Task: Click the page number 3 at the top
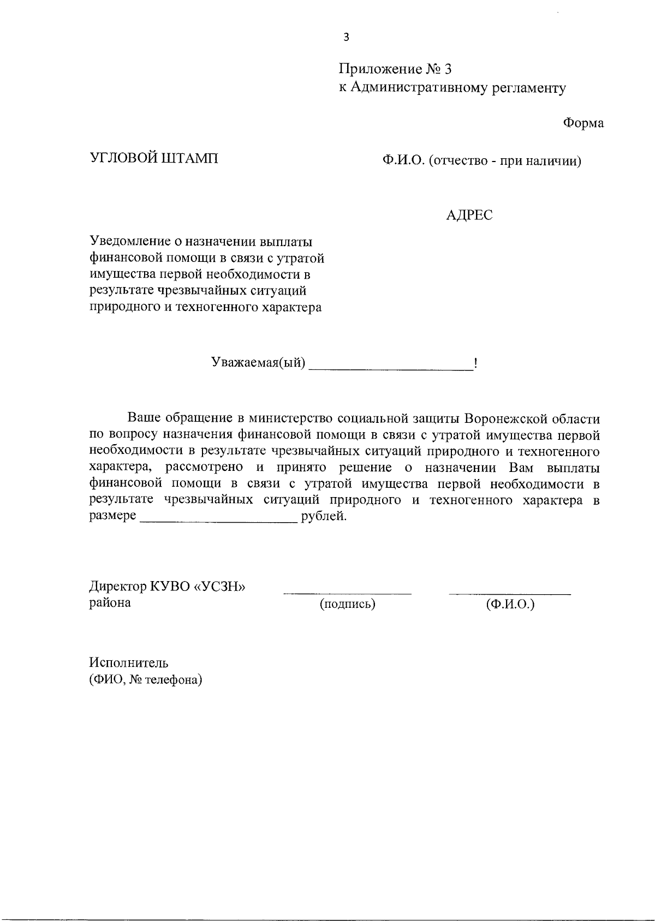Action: point(346,37)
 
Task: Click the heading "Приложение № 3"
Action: point(395,69)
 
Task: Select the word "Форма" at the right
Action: point(583,123)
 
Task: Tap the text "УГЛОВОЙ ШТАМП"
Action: point(153,159)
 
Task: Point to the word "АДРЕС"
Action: point(469,216)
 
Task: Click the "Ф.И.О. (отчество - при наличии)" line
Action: point(481,161)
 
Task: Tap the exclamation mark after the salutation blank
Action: point(477,363)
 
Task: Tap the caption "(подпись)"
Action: point(348,604)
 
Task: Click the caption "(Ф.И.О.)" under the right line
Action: point(510,604)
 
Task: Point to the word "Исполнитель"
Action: point(129,663)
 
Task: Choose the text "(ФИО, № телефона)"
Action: point(146,680)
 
